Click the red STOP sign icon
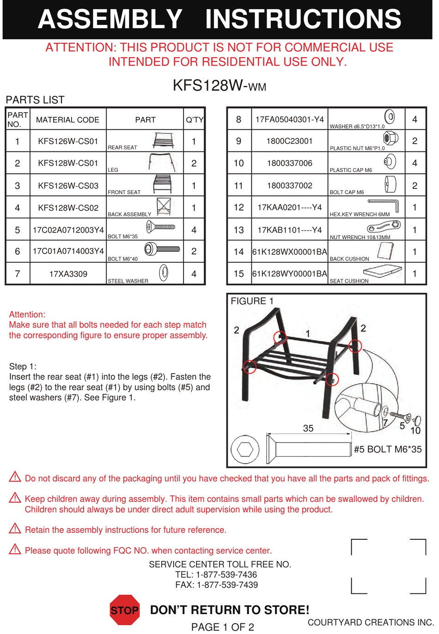click(124, 610)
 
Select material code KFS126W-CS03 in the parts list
click(68, 186)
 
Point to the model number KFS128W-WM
click(219, 85)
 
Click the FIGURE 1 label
click(252, 301)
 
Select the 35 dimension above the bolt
click(308, 428)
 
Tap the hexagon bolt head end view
click(245, 449)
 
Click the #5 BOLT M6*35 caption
click(388, 449)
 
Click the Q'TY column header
click(195, 120)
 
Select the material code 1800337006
click(290, 163)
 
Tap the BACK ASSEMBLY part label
click(129, 214)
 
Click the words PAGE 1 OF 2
click(223, 627)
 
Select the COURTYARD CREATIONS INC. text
click(371, 622)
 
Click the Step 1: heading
click(23, 366)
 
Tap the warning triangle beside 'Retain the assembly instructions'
click(15, 528)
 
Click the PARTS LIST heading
click(35, 100)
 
